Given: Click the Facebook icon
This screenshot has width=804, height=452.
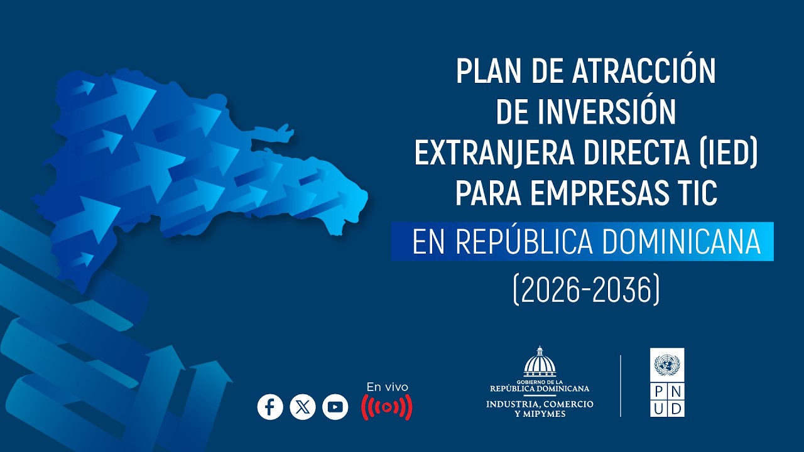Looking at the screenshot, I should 270,407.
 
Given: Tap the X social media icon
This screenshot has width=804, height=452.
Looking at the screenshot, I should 303,407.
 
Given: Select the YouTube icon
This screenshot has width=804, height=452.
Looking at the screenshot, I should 335,407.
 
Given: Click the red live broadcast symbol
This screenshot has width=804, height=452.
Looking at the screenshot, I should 387,407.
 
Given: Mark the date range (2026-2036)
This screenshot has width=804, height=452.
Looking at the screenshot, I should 586,290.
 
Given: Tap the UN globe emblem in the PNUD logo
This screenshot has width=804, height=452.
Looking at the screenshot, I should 667,363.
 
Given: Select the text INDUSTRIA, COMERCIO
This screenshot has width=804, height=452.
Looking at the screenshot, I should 540,404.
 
